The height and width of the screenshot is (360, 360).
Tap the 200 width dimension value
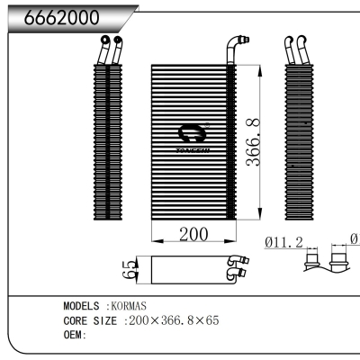pyautogui.click(x=193, y=234)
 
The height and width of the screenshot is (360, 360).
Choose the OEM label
pyautogui.click(x=73, y=334)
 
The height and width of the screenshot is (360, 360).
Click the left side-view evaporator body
pyautogui.click(x=107, y=144)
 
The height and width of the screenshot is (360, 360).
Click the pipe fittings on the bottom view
pyautogui.click(x=238, y=267)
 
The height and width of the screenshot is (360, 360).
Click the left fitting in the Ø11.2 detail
pyautogui.click(x=314, y=262)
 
